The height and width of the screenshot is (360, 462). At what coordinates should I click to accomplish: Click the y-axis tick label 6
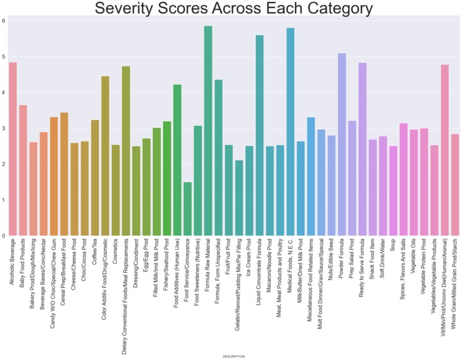(x=4, y=21)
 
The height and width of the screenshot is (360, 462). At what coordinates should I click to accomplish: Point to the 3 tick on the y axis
(x=4, y=128)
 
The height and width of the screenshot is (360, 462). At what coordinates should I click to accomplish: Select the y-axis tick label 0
(x=4, y=236)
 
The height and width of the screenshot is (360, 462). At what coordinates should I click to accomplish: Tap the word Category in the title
(x=327, y=9)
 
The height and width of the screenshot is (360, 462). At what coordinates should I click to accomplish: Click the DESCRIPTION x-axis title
(x=234, y=356)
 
